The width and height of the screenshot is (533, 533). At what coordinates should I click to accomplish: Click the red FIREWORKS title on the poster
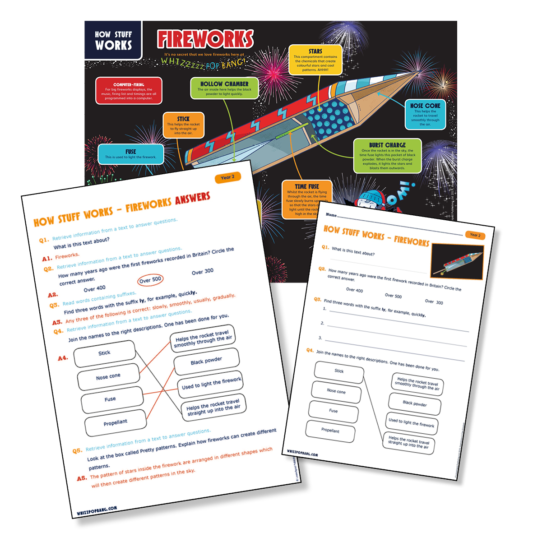205,39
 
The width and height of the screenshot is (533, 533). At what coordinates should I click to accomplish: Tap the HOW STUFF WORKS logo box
113,40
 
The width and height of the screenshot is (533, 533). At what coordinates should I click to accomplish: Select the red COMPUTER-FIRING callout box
129,91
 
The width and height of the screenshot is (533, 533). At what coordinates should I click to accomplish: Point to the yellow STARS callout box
315,60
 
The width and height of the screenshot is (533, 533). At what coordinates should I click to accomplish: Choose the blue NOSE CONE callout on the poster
425,114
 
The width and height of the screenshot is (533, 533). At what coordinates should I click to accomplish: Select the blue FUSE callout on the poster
130,154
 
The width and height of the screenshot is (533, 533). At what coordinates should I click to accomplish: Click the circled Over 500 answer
150,280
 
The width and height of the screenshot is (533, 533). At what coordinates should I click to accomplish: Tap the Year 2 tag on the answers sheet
227,177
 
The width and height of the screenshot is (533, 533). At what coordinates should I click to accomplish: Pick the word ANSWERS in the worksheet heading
193,199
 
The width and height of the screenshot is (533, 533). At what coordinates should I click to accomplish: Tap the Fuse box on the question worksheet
333,411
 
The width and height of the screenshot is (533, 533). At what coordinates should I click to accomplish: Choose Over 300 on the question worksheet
434,302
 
